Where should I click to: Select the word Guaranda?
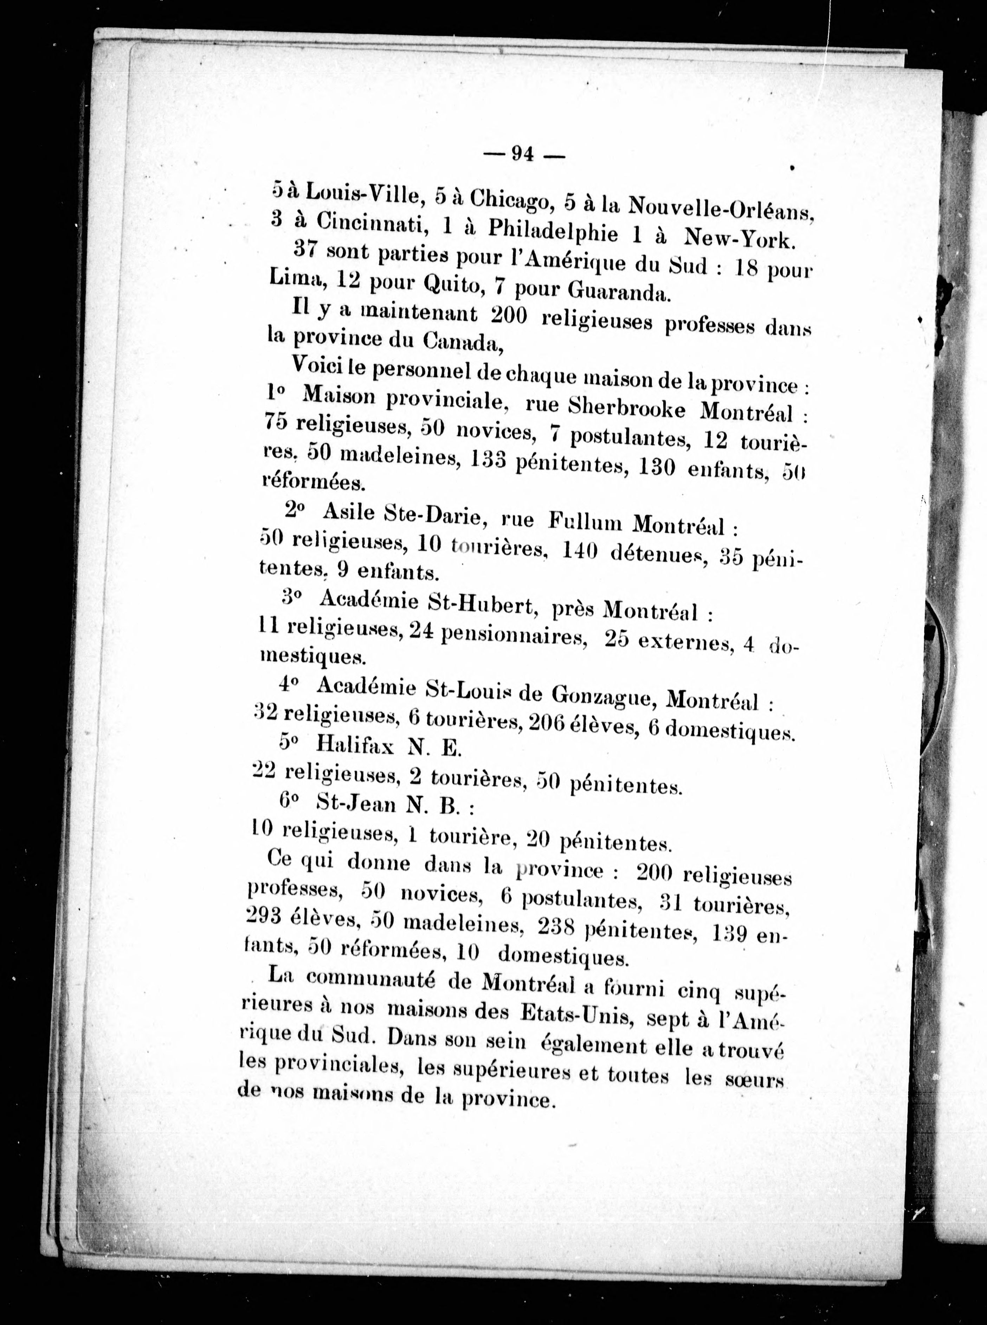click(x=615, y=291)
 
